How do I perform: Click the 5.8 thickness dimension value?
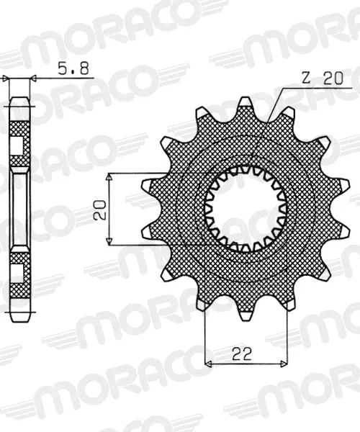pyautogui.click(x=73, y=68)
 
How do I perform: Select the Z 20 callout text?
pyautogui.click(x=323, y=78)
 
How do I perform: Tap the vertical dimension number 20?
pyautogui.click(x=100, y=210)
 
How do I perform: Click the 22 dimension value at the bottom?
pyautogui.click(x=242, y=354)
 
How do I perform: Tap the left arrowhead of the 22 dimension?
pyautogui.click(x=209, y=364)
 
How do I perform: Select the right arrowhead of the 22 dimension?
pyautogui.click(x=284, y=364)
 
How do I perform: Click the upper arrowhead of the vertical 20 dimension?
pyautogui.click(x=109, y=177)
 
